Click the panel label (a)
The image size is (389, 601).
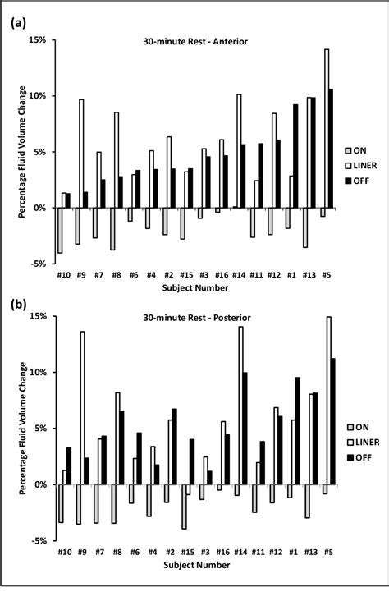click(17, 24)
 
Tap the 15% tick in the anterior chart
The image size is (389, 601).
click(38, 39)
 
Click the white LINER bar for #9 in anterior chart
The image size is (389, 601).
click(81, 154)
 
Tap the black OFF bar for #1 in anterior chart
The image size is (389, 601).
click(295, 156)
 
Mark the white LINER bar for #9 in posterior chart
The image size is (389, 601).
click(81, 408)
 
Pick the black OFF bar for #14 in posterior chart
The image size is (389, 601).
click(245, 429)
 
